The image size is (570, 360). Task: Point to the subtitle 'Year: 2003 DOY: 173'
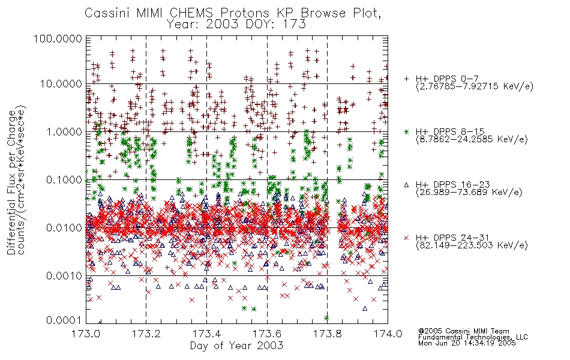pyautogui.click(x=236, y=25)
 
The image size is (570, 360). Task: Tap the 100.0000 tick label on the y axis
pyautogui.click(x=58, y=38)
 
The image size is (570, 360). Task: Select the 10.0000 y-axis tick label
pyautogui.click(x=61, y=84)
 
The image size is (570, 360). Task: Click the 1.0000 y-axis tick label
pyautogui.click(x=64, y=131)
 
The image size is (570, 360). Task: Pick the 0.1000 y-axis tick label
pyautogui.click(x=64, y=179)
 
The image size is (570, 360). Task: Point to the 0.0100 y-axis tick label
pyautogui.click(x=64, y=228)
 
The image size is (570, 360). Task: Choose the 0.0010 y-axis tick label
pyautogui.click(x=64, y=276)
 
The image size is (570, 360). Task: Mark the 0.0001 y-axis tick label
pyautogui.click(x=64, y=320)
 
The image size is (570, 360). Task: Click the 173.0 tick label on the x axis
pyautogui.click(x=86, y=334)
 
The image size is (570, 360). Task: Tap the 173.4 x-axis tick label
pyautogui.click(x=206, y=334)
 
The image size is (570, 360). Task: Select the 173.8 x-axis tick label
pyautogui.click(x=327, y=334)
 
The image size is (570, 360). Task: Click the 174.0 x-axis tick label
pyautogui.click(x=388, y=334)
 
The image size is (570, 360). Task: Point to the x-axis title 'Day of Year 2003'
pyautogui.click(x=236, y=346)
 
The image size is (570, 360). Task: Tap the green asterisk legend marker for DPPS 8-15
pyautogui.click(x=406, y=131)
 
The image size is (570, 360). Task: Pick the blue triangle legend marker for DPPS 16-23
pyautogui.click(x=406, y=185)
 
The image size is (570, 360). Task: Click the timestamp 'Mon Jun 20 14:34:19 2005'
pyautogui.click(x=467, y=343)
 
